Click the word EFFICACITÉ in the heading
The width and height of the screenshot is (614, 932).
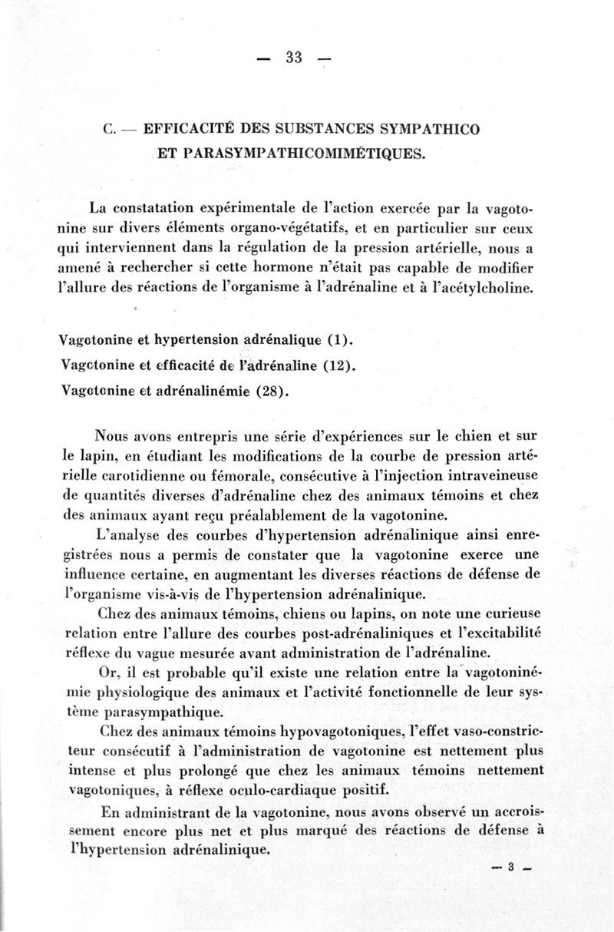[189, 128]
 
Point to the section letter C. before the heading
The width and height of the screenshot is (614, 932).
[108, 129]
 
